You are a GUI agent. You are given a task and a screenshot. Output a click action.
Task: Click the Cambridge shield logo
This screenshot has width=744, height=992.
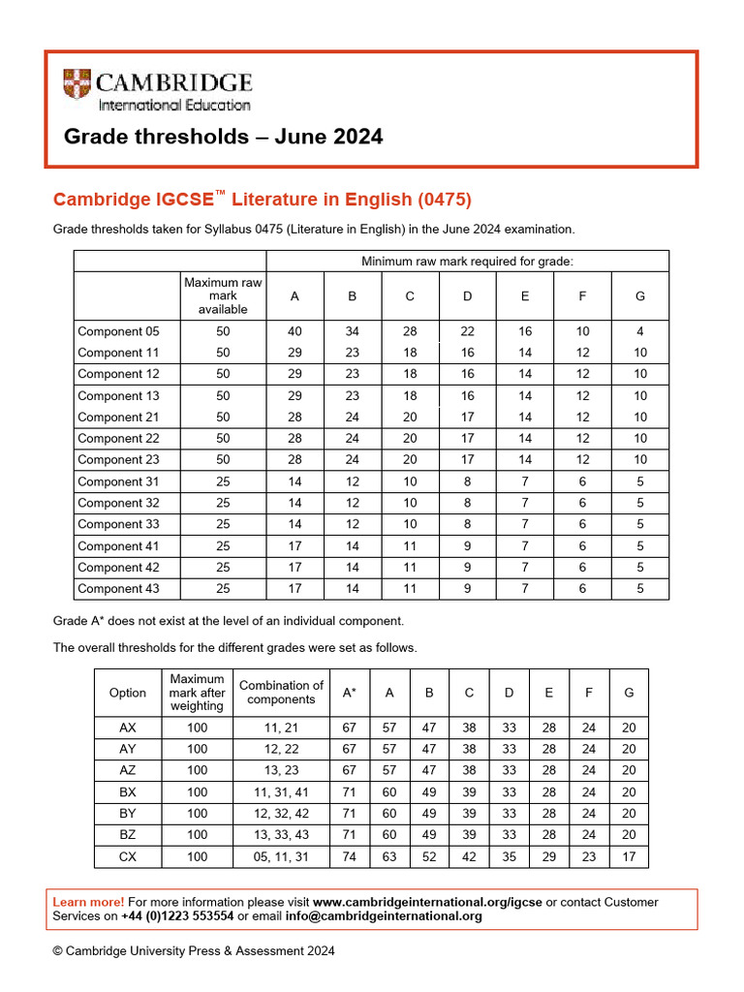pos(78,87)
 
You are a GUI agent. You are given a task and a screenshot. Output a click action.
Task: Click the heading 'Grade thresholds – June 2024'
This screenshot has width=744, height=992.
pos(223,137)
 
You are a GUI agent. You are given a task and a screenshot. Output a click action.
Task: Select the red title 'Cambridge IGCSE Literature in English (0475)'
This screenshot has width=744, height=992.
pos(262,200)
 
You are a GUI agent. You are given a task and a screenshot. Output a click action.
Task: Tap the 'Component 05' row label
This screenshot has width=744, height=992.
pos(117,331)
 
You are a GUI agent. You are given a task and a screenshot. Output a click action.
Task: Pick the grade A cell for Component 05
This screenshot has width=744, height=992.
pos(294,331)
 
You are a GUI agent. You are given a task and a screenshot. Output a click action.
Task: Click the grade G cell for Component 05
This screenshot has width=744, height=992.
pos(639,331)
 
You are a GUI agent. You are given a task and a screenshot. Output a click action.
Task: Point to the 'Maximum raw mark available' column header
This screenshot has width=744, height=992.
pos(223,295)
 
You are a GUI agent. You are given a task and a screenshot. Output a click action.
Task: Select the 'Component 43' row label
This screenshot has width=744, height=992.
pos(117,589)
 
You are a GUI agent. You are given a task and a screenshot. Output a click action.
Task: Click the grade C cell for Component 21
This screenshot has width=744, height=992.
pos(410,417)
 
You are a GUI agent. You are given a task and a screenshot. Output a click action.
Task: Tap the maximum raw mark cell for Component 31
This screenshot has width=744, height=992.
pos(223,481)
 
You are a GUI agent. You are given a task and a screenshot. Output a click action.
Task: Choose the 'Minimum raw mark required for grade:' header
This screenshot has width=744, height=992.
pos(467,262)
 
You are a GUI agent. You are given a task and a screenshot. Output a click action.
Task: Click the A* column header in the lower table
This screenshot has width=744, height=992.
pos(349,693)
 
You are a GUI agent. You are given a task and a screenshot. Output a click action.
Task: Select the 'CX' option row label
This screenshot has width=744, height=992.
pos(128,856)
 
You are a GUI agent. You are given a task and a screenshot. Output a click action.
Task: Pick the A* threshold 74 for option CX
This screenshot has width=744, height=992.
pos(349,856)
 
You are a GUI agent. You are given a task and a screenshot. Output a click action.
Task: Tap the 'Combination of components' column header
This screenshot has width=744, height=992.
pos(281,693)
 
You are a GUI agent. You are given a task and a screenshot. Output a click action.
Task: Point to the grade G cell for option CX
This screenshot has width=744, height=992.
pos(629,856)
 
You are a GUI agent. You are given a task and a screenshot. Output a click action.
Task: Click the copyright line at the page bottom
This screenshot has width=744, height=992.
pos(194,951)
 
